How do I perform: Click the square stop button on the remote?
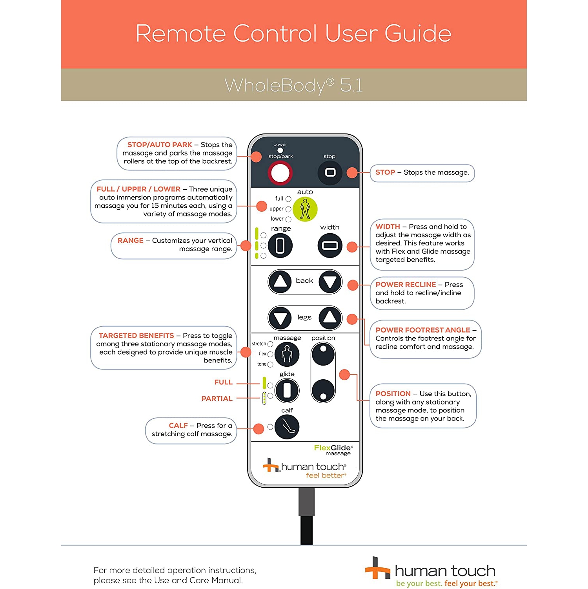pos(330,172)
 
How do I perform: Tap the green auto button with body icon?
pos(305,209)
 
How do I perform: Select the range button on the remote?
pos(280,245)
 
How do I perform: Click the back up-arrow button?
pos(280,282)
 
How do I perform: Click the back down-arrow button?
pos(330,282)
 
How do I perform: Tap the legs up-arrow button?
pos(330,318)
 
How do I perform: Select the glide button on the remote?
pos(287,391)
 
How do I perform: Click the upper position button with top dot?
pos(323,354)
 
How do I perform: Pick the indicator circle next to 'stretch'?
pos(270,344)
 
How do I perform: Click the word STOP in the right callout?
pos(385,172)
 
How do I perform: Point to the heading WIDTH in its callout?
pos(388,227)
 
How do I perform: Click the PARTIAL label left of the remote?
pos(217,399)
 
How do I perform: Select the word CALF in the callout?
pos(178,426)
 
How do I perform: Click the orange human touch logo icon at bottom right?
pos(377,568)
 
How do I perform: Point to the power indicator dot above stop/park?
pos(280,150)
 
